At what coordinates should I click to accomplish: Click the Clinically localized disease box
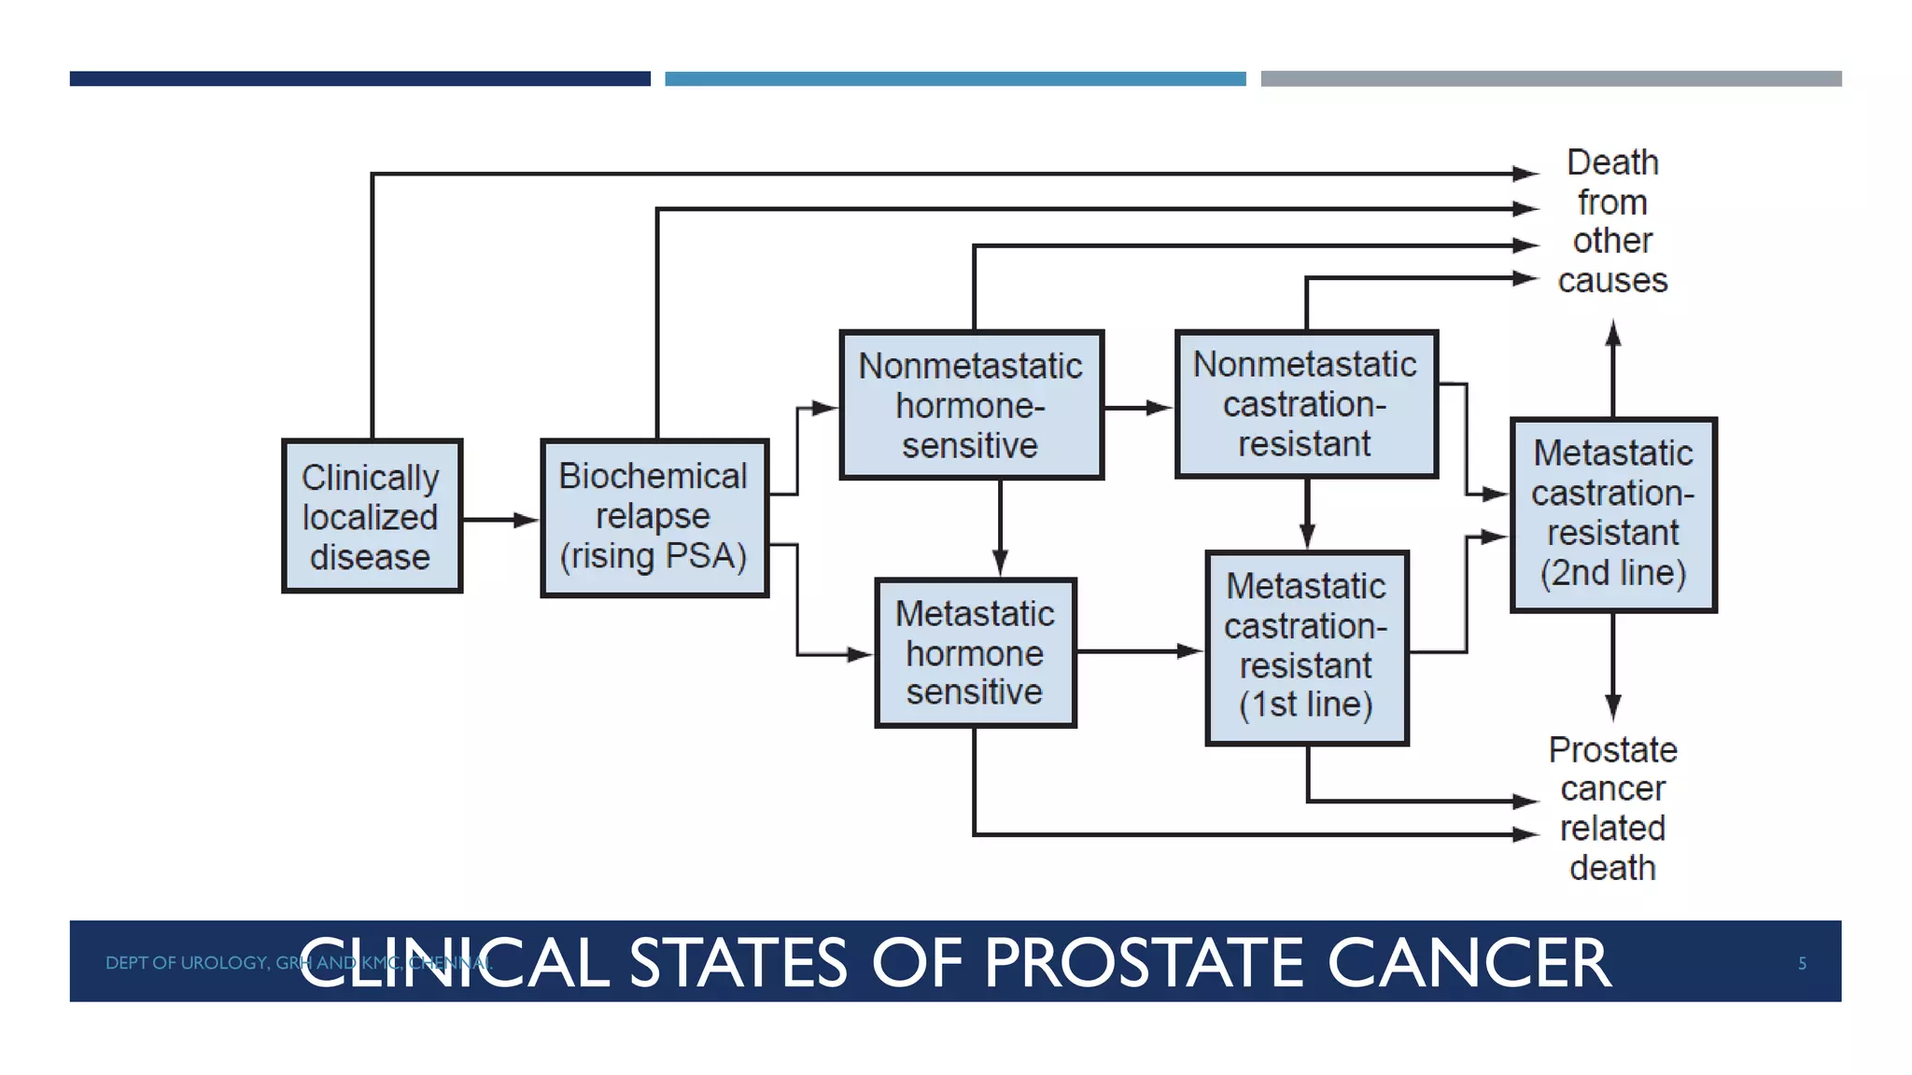[x=372, y=516]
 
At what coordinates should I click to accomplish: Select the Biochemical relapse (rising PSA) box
[x=654, y=517]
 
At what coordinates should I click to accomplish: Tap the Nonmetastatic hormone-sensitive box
[x=971, y=405]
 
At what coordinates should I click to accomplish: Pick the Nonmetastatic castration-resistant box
[x=1305, y=403]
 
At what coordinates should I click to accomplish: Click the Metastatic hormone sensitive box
[x=975, y=652]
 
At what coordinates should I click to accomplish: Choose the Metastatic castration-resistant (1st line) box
[x=1306, y=648]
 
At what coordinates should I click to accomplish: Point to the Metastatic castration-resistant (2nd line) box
[x=1613, y=514]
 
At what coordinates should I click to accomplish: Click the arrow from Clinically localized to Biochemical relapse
[x=500, y=520]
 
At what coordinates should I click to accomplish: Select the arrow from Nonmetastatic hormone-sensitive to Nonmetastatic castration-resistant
[x=1138, y=408]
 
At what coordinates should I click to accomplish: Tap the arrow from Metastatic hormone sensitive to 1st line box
[x=1139, y=651]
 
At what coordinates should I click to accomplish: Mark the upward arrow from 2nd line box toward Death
[x=1613, y=369]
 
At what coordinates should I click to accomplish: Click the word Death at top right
[x=1612, y=162]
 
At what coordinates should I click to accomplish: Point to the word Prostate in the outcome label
[x=1612, y=750]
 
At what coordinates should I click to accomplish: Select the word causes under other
[x=1612, y=280]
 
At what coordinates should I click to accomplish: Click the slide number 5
[x=1802, y=963]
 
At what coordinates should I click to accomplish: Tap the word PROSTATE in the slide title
[x=1147, y=963]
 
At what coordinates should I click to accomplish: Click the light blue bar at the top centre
[x=955, y=79]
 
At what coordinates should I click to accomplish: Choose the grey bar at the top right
[x=1551, y=79]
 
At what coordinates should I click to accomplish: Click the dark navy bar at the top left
[x=359, y=79]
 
